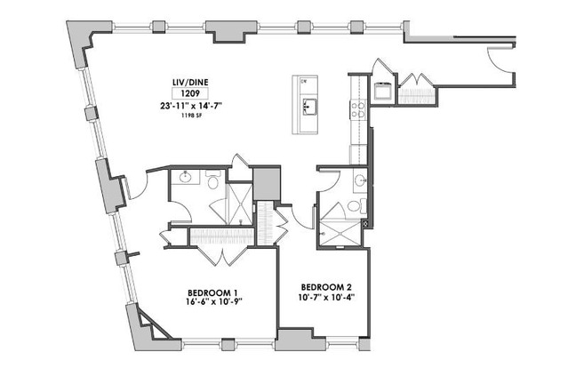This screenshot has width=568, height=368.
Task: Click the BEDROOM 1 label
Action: [212, 292]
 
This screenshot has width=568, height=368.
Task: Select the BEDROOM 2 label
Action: [326, 286]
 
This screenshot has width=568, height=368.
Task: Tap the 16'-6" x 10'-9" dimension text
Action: [212, 302]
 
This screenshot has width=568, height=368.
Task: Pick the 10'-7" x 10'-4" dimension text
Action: [326, 297]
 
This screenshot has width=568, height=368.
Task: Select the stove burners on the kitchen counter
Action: [360, 109]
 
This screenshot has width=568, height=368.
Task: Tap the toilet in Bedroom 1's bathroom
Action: [213, 180]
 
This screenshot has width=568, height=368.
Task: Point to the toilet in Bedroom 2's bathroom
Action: [354, 206]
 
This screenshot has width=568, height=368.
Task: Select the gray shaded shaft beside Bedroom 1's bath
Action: [265, 183]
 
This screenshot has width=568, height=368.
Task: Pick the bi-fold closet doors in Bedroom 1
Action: [213, 250]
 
